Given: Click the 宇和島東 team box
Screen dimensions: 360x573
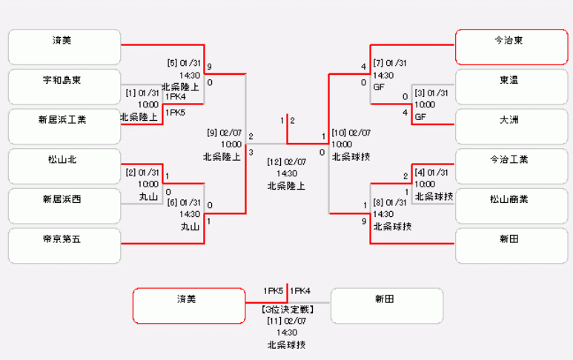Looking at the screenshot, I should point(64,87).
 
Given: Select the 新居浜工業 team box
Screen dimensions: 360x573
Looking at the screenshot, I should point(64,126).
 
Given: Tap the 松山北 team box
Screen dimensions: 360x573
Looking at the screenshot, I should point(64,166).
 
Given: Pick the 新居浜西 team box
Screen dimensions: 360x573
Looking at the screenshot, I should point(64,206).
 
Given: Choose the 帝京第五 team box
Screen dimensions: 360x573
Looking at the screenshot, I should point(64,246).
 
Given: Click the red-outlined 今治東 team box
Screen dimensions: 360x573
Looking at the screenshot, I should point(511,47).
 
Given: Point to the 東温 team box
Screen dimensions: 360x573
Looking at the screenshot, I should point(511,87).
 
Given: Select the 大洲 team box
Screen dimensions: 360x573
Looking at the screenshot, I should point(511,126).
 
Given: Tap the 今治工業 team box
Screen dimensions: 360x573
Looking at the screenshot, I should point(511,166).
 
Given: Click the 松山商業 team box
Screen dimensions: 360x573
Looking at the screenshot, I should point(511,206).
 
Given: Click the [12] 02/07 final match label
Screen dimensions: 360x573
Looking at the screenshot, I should point(286,161).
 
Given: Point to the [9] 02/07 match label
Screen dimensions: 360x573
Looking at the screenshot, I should point(223,133).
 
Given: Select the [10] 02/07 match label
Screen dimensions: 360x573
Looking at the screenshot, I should point(352,133).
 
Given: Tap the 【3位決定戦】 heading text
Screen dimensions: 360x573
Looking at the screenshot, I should point(286,309).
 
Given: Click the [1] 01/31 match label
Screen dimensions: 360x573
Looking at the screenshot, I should point(142,93).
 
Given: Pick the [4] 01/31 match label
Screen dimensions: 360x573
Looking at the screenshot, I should point(431,173).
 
